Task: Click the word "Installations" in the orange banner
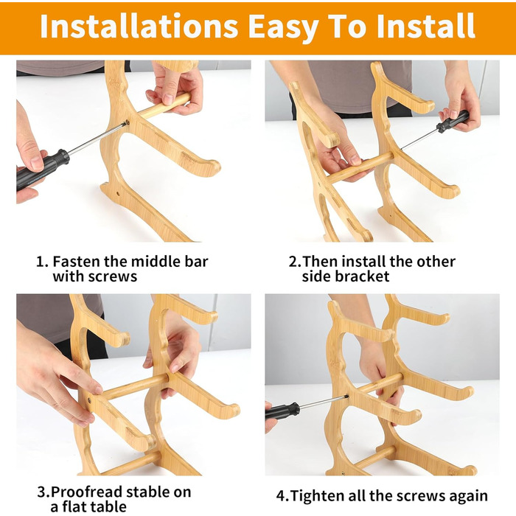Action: coord(139,27)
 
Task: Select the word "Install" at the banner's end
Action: coord(426,27)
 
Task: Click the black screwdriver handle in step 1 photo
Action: coord(42,170)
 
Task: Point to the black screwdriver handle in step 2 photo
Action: coord(453,122)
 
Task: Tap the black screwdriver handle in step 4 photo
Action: coord(282,411)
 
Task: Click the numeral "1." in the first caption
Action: coord(43,262)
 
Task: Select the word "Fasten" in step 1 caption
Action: coord(76,262)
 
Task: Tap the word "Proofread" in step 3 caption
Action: coord(86,492)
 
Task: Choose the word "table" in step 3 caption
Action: coord(108,506)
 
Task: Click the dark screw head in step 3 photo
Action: coord(89,400)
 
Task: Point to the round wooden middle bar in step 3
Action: coord(135,386)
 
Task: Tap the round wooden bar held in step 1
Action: coord(164,105)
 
